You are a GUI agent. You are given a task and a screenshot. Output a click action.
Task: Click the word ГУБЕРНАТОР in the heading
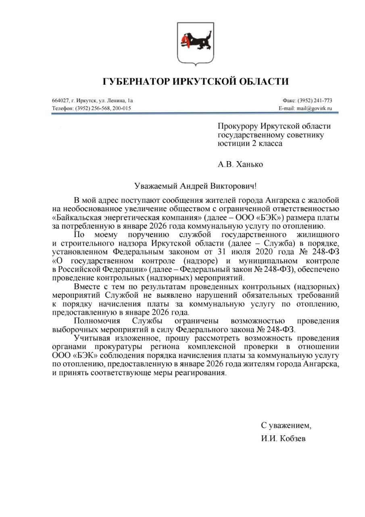click(x=136, y=82)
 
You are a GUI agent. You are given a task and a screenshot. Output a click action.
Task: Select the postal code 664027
click(x=59, y=101)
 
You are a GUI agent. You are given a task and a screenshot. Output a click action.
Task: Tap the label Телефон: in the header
click(x=63, y=108)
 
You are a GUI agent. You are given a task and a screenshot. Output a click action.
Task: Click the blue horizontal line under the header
click(x=192, y=113)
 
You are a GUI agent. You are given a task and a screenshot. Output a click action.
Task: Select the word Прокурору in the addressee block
click(x=235, y=127)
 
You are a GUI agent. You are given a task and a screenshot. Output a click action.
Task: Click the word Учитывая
click(x=90, y=338)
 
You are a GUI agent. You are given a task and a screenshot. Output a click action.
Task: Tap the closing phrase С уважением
click(x=286, y=426)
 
